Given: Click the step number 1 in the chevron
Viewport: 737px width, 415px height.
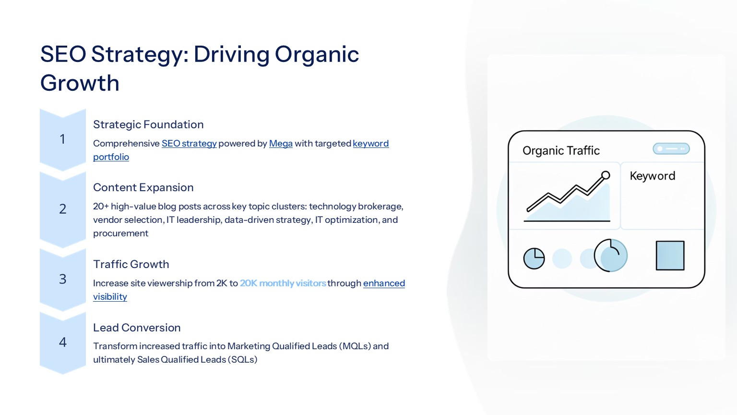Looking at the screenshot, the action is coord(62,139).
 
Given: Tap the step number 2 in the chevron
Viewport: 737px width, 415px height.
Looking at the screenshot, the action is coord(62,209).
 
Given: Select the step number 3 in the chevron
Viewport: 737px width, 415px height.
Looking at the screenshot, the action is coord(62,279).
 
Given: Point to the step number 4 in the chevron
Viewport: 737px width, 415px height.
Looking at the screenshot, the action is coord(62,342).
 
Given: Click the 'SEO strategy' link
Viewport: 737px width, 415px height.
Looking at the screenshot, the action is coord(189,144).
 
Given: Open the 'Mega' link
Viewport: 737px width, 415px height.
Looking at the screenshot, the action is coord(281,144).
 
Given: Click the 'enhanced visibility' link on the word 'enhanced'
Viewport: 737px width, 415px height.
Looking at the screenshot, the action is coord(384,283).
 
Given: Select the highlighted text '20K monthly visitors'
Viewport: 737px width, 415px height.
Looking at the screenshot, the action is coord(283,283).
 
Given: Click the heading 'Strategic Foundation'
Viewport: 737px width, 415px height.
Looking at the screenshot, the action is coord(148,124).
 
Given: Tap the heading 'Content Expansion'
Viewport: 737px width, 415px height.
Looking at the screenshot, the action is coord(143,187).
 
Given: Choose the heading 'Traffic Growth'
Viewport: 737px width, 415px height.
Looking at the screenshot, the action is coord(131,264).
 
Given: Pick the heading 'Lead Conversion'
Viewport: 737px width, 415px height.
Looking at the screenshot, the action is coord(137,328).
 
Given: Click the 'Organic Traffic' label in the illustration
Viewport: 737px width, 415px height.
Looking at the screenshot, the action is coord(561,150).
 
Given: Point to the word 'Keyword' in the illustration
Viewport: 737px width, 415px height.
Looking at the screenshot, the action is coord(653,176).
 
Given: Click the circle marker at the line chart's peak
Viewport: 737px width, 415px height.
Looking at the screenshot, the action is coord(606,175).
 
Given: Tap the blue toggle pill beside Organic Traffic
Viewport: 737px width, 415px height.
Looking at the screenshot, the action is coord(671,149).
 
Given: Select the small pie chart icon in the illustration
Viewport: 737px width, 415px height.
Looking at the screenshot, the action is coord(534,258).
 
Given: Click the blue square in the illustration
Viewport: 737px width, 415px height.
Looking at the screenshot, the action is coord(670,256).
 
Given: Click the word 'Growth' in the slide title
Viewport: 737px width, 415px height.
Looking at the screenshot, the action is coord(80,83).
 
